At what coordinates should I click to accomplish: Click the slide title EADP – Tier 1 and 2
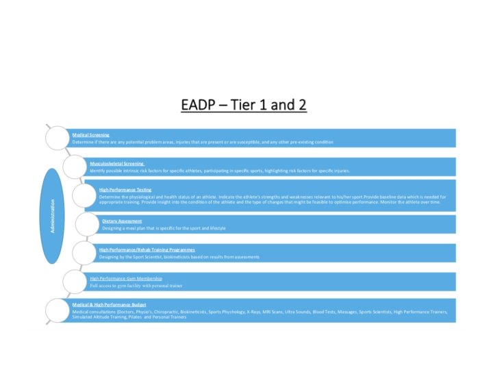pyautogui.click(x=244, y=105)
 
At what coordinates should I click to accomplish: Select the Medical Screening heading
pyautogui.click(x=91, y=135)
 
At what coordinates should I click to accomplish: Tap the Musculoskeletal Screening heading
pyautogui.click(x=117, y=164)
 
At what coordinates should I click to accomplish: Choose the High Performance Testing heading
pyautogui.click(x=125, y=190)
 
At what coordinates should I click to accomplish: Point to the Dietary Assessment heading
pyautogui.click(x=123, y=221)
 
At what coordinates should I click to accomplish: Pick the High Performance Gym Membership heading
pyautogui.click(x=126, y=279)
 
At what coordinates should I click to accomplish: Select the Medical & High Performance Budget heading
pyautogui.click(x=110, y=304)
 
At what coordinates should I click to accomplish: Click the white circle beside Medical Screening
pyautogui.click(x=58, y=138)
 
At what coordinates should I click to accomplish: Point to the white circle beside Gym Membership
pyautogui.click(x=75, y=281)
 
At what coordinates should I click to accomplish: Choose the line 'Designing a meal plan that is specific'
pyautogui.click(x=164, y=227)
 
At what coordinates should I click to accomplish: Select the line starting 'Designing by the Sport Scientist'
pyautogui.click(x=179, y=257)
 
